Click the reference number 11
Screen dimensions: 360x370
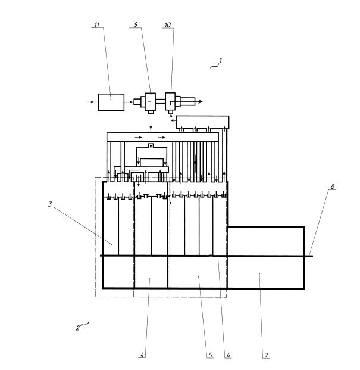point(97,24)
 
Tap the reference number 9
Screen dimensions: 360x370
point(136,24)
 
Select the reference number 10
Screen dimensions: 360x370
point(168,25)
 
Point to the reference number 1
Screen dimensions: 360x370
point(220,60)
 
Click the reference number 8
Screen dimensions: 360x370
point(333,186)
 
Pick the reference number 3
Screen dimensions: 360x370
point(50,204)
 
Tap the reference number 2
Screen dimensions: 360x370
point(78,328)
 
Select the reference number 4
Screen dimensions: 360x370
point(142,355)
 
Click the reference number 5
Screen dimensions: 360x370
point(211,355)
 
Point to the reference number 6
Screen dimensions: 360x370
point(228,355)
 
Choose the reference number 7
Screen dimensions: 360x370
point(267,355)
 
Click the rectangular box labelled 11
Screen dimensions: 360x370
point(111,102)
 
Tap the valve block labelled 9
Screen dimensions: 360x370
point(150,101)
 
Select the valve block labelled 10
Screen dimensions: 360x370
point(170,101)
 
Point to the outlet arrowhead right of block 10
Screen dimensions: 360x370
point(200,101)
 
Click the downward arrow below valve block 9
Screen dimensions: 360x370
point(151,123)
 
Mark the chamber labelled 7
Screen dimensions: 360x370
point(266,257)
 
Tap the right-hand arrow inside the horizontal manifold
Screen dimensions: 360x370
point(162,138)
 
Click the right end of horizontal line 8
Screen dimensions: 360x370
point(313,256)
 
